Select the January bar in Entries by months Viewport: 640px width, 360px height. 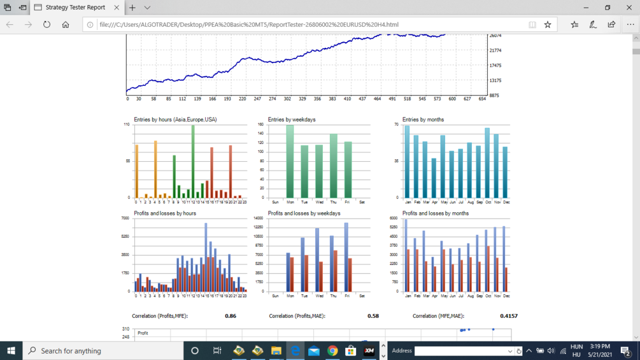point(408,162)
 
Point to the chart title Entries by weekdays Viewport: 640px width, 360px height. point(292,120)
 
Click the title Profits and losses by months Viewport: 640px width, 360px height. point(435,213)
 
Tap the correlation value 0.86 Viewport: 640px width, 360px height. point(231,316)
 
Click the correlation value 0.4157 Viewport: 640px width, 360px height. point(509,316)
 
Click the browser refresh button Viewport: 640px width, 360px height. point(46,25)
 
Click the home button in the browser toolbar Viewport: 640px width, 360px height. point(66,25)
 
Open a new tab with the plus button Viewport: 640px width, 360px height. point(132,8)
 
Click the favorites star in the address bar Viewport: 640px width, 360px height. point(548,25)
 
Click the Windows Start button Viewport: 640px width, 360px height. point(11,350)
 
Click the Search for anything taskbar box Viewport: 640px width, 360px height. point(102,350)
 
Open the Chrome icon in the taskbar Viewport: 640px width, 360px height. point(332,350)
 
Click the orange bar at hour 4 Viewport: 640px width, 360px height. point(155,169)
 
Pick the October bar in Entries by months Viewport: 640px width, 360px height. point(487,163)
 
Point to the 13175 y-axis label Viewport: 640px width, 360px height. point(494,80)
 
